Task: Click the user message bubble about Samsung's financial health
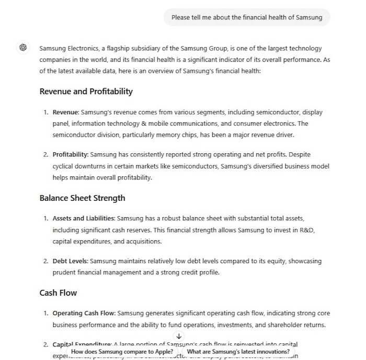pos(247,17)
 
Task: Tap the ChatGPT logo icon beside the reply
pos(23,48)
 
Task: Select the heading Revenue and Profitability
pos(86,92)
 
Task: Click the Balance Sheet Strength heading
pos(82,198)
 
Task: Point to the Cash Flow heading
pos(58,292)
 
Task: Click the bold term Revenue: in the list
pos(65,112)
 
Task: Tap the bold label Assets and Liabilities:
pos(84,218)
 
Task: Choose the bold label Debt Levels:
pos(70,261)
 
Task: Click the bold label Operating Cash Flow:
pos(84,313)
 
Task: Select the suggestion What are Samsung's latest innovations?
pos(238,352)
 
